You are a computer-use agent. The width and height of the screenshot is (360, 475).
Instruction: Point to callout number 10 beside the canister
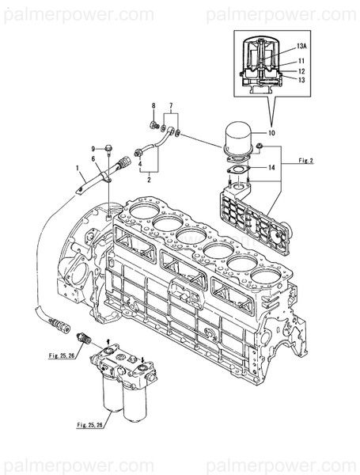(271, 134)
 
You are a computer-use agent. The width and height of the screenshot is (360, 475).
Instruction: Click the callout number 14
(271, 168)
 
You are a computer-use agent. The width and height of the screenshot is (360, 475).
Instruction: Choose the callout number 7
(168, 105)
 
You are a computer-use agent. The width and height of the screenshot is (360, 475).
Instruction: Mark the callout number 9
(93, 149)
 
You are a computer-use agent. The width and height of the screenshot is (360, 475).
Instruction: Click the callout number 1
(78, 168)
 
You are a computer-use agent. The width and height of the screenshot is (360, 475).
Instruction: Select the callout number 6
(93, 158)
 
